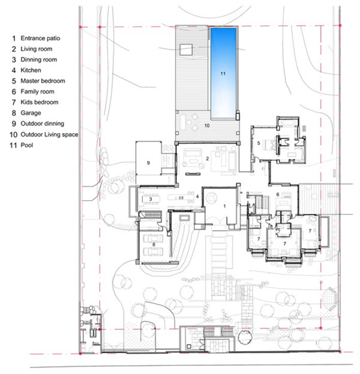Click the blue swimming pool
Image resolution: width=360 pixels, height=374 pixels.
tap(223, 73)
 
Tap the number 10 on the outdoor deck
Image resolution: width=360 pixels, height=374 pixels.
tap(207, 125)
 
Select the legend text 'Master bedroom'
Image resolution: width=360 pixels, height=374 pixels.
tap(43, 81)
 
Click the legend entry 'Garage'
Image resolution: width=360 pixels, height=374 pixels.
tap(31, 113)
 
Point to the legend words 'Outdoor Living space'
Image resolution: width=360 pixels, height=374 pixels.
tap(49, 134)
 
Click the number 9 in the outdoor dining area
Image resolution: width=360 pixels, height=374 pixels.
tap(148, 163)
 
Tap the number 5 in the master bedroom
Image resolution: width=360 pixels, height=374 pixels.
tap(259, 143)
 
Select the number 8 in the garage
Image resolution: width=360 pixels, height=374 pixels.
tap(154, 245)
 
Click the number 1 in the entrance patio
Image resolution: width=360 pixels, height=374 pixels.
tap(224, 206)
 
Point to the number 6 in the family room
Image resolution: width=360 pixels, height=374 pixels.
tap(278, 194)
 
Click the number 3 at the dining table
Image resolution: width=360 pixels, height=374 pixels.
tap(151, 199)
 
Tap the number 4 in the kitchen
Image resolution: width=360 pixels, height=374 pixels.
tap(197, 197)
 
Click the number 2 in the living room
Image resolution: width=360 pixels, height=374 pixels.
tap(208, 158)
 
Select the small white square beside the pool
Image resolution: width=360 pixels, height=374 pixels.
tap(186, 50)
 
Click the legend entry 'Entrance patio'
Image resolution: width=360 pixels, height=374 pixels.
tap(40, 38)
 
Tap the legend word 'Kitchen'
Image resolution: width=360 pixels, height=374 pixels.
tap(31, 70)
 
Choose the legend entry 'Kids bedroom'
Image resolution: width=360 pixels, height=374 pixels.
tap(40, 102)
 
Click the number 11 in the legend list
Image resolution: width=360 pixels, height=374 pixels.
tap(13, 145)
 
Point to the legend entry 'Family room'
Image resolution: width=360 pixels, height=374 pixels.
tap(37, 92)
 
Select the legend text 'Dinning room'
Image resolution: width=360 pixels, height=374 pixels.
tap(38, 59)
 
